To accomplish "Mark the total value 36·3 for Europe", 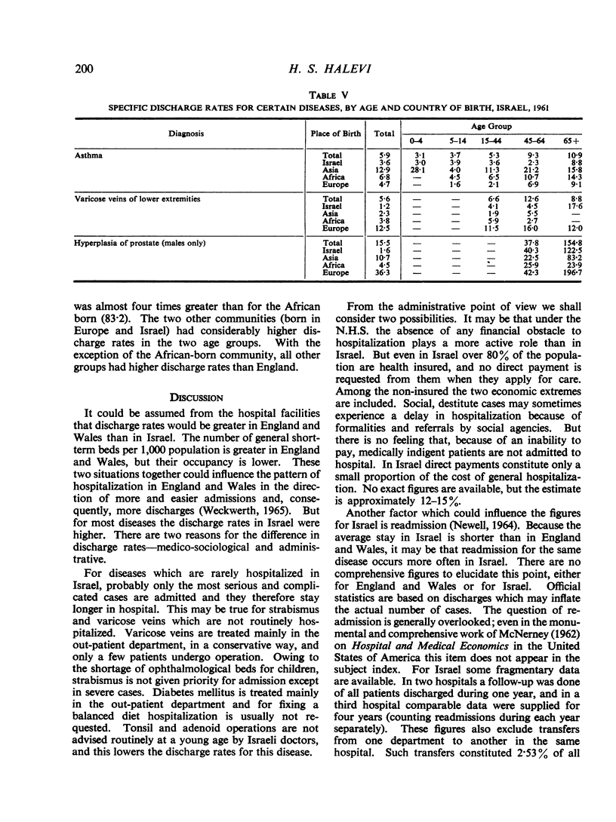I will click(x=383, y=272).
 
